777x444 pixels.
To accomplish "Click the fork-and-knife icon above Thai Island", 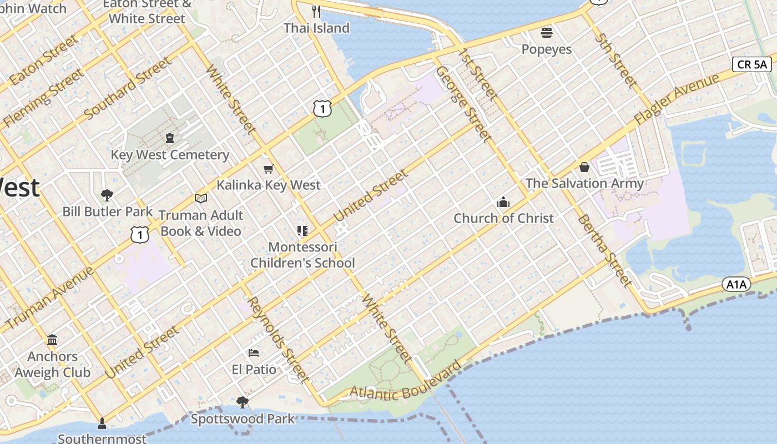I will pyautogui.click(x=316, y=11).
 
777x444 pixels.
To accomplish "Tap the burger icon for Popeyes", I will pyautogui.click(x=547, y=33).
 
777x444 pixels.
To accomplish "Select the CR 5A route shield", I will pyautogui.click(x=752, y=64).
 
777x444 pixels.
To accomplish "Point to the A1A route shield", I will pyautogui.click(x=736, y=285).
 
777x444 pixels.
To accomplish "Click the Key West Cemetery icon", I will pyautogui.click(x=170, y=138).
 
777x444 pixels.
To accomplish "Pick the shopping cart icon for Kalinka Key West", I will pyautogui.click(x=269, y=169).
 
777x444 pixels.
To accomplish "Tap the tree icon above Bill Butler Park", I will pyautogui.click(x=107, y=195).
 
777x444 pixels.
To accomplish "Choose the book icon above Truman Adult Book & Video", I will pyautogui.click(x=200, y=198).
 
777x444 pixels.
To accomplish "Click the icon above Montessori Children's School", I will pyautogui.click(x=302, y=230).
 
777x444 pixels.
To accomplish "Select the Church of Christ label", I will pyautogui.click(x=503, y=218).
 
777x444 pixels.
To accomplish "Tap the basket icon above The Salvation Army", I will pyautogui.click(x=584, y=167).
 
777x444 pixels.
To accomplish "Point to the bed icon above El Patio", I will pyautogui.click(x=254, y=352).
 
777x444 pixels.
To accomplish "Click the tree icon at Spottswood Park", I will pyautogui.click(x=242, y=402).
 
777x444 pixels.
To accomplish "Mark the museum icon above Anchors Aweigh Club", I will pyautogui.click(x=52, y=340).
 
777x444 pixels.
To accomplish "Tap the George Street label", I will pyautogui.click(x=464, y=103).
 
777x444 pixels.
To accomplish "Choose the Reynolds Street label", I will pyautogui.click(x=277, y=340).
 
